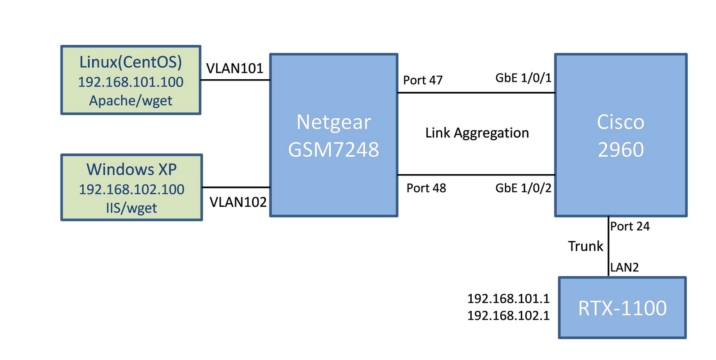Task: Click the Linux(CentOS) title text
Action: (131, 62)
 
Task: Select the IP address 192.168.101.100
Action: (131, 82)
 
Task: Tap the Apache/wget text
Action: (131, 101)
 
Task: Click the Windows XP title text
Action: (132, 170)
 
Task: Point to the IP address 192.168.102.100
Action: (132, 189)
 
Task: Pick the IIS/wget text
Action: (132, 208)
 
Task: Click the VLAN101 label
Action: (234, 69)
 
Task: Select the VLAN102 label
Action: (238, 202)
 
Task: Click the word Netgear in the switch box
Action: (334, 122)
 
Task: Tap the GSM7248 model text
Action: (334, 150)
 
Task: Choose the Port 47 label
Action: (423, 81)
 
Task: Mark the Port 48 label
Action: (426, 188)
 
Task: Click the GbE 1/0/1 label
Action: (523, 78)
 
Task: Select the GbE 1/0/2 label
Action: (523, 188)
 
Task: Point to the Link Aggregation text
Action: (477, 133)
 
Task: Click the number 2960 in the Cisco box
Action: (621, 150)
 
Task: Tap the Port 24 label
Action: (630, 227)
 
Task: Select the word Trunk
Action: (585, 246)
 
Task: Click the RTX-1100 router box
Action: (622, 308)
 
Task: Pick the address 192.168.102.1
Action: (508, 316)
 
